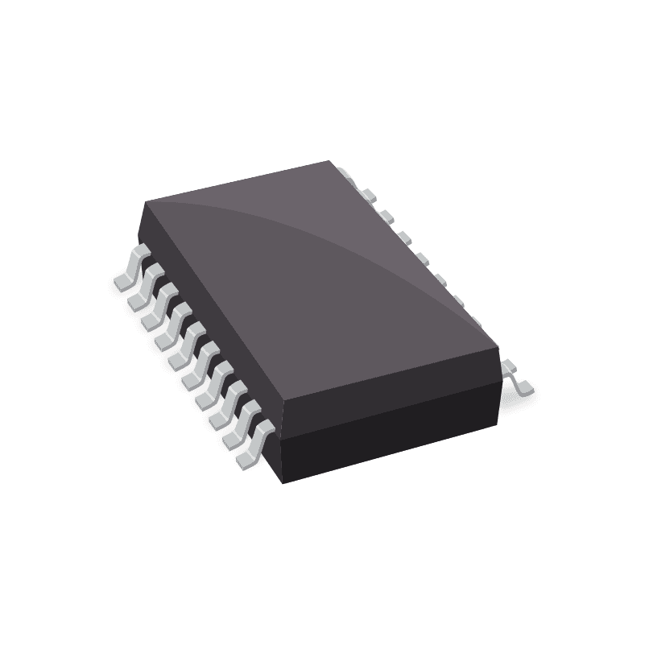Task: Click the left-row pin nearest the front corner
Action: pos(252,451)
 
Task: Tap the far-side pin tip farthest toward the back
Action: pos(347,174)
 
